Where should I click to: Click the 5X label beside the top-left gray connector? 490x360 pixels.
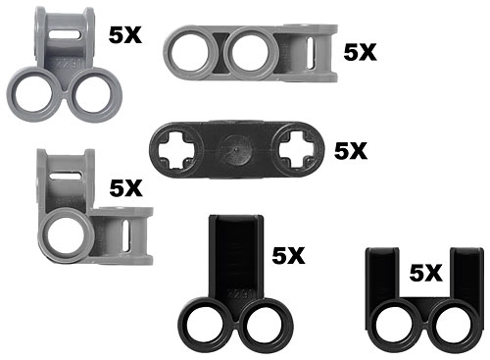pos(125,35)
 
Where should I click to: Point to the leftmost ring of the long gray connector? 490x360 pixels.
pos(168,53)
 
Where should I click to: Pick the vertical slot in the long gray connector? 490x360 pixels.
pos(312,53)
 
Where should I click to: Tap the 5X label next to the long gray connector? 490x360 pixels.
pos(361,52)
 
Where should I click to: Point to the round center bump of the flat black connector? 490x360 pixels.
pos(235,150)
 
